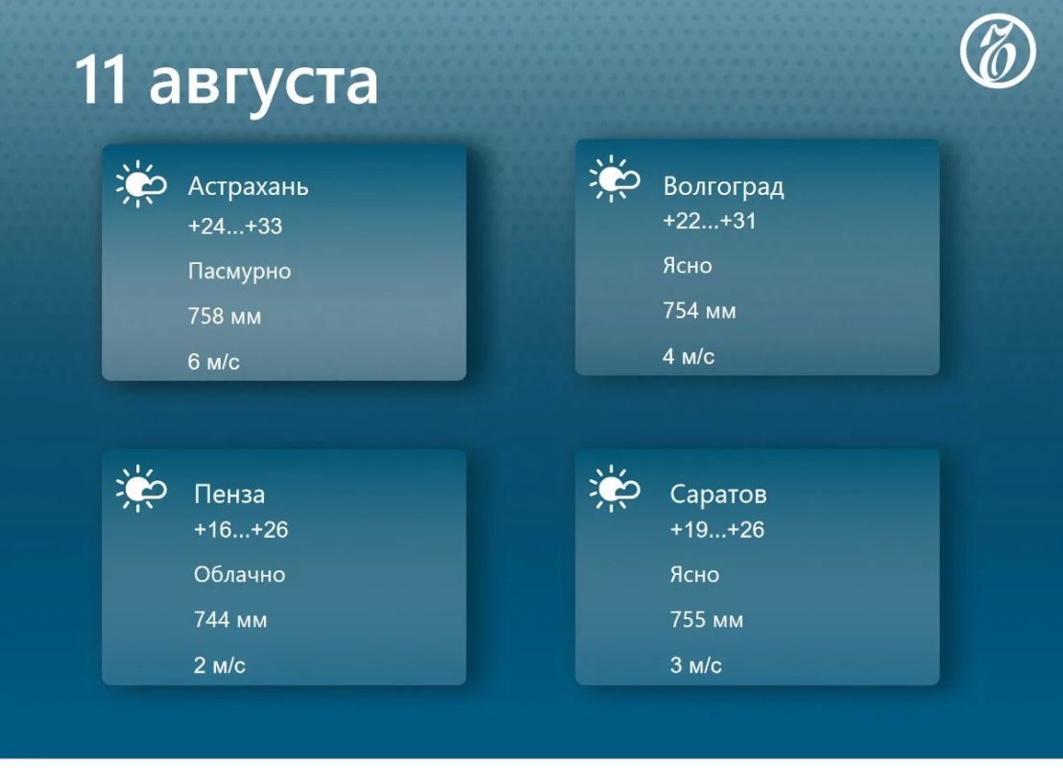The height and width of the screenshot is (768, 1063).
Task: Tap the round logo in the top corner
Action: [x=998, y=51]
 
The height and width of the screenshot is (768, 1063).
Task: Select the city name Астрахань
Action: [x=248, y=185]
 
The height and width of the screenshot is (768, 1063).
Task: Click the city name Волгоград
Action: [x=723, y=185]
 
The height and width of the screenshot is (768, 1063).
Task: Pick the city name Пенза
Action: [x=230, y=494]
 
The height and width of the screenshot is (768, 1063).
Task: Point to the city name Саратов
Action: [x=718, y=494]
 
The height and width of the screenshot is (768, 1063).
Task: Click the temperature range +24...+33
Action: [x=234, y=226]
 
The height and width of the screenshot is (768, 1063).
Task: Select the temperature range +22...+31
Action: [x=709, y=220]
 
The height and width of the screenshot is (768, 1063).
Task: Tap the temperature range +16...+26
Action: [x=241, y=529]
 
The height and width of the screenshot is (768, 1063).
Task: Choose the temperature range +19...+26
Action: [x=716, y=529]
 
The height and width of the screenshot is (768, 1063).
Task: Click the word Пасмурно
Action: [x=239, y=271]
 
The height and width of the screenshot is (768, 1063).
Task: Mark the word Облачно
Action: [x=239, y=574]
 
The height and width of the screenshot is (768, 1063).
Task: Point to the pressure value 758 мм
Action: [x=225, y=316]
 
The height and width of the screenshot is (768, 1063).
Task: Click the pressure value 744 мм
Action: [x=230, y=619]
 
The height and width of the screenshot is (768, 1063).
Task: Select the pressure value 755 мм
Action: [x=707, y=619]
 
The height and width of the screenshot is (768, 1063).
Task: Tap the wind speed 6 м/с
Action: [x=213, y=361]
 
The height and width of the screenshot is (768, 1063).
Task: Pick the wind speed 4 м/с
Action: [x=689, y=356]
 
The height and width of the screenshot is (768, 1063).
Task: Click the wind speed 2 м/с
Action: [x=220, y=665]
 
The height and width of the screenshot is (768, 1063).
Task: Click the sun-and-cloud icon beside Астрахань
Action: [x=141, y=183]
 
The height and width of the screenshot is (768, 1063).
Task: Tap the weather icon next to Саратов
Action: [x=615, y=488]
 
